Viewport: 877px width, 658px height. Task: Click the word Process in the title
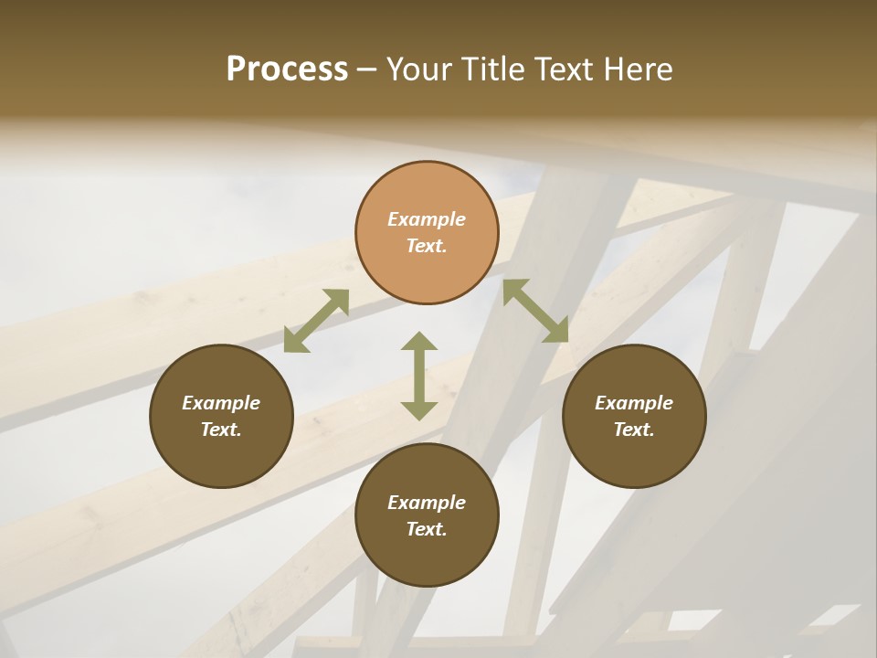tap(287, 69)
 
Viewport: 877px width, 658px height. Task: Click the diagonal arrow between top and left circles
tap(316, 321)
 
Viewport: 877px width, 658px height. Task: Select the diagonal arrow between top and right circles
tap(535, 311)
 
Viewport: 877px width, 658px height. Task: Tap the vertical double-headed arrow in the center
tap(419, 376)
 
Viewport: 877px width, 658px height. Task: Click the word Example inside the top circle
tap(427, 219)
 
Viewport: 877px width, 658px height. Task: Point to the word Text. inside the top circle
tap(427, 246)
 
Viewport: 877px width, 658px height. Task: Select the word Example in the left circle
tap(221, 403)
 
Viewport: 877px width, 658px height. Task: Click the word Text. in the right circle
tap(634, 430)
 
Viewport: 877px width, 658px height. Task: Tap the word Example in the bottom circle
tap(427, 503)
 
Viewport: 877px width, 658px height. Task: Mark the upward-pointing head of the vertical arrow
tap(419, 343)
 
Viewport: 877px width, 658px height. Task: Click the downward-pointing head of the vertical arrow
tap(419, 409)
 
